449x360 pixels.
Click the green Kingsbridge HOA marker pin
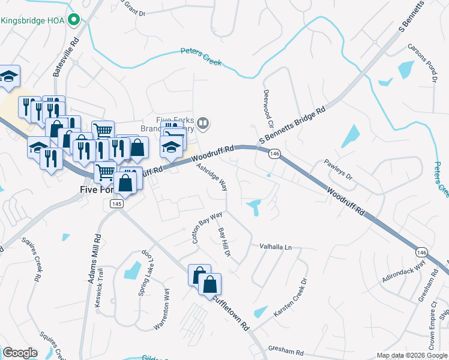click(74, 20)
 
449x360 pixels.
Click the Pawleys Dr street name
click(339, 170)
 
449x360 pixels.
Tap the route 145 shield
click(116, 205)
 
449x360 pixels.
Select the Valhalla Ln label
click(275, 247)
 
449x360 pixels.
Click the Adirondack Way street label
click(404, 272)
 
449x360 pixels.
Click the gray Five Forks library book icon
click(203, 124)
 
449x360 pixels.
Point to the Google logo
click(19, 353)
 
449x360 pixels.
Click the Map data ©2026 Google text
click(411, 355)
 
